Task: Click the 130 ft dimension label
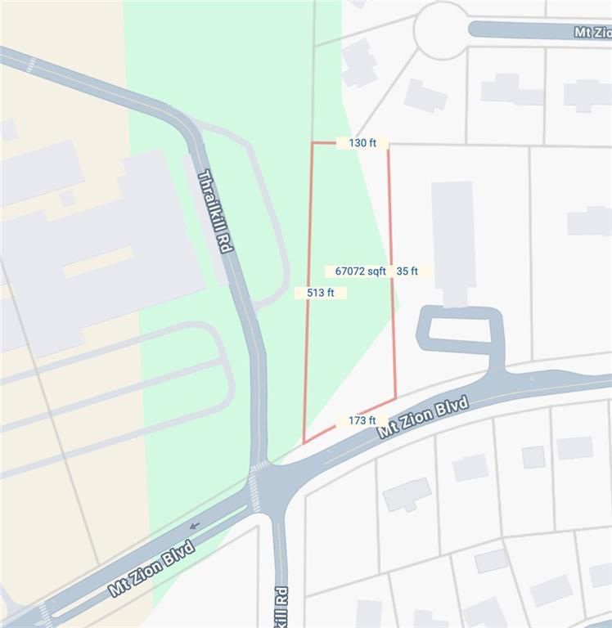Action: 362,143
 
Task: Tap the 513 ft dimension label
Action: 321,293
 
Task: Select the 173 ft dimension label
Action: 362,420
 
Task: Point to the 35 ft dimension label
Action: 407,271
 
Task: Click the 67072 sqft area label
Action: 360,271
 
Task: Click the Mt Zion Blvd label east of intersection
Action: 423,418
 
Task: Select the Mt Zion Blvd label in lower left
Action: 151,567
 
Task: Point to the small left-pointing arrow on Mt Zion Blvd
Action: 194,525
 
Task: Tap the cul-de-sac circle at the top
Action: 442,29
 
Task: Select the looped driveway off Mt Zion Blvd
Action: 459,330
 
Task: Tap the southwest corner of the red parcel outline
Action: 304,443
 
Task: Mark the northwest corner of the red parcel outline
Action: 312,143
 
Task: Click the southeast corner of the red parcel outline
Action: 396,399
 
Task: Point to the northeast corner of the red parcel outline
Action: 388,143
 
